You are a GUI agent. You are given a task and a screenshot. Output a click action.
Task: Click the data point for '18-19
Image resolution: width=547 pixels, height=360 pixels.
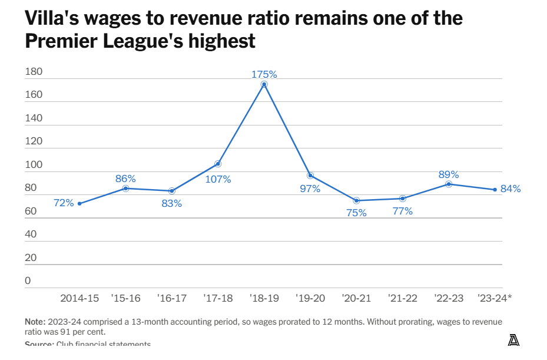(264, 84)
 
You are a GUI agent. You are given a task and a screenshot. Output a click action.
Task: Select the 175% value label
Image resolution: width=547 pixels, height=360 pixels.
(264, 75)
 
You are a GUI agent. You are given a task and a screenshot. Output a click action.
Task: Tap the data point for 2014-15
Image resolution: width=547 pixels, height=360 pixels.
(79, 204)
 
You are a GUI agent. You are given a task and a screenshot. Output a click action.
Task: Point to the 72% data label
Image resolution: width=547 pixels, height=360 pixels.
(64, 203)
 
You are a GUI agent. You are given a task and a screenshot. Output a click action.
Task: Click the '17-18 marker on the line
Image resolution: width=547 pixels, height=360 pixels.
(218, 163)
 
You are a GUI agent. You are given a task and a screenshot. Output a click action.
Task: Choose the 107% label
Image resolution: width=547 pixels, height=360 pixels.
(218, 179)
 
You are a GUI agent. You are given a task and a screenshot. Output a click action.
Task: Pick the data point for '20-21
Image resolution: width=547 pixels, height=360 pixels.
(356, 200)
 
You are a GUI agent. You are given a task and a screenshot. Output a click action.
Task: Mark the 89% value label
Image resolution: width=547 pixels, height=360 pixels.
(449, 174)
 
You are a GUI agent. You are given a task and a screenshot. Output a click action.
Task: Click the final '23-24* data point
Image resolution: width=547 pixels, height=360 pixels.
(495, 189)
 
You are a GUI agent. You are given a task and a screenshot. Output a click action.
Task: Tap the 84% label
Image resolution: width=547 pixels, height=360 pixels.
(510, 189)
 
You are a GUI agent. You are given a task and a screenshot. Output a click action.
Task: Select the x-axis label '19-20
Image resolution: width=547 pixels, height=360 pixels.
(310, 299)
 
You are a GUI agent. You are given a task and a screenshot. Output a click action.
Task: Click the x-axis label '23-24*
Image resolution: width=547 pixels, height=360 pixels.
(495, 299)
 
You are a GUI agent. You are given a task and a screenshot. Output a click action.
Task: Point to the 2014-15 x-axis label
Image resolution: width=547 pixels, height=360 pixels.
(79, 299)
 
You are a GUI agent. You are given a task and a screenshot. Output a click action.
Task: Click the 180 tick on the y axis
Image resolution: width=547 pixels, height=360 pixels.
(34, 72)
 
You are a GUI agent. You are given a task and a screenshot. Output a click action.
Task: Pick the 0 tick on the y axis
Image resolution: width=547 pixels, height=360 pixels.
(28, 280)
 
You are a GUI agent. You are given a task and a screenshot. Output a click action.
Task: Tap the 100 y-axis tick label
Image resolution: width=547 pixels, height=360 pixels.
(34, 165)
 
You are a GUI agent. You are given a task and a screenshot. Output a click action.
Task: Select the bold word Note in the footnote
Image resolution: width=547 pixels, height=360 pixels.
(34, 322)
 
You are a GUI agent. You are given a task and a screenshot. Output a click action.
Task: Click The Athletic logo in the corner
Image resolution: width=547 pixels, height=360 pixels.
(513, 340)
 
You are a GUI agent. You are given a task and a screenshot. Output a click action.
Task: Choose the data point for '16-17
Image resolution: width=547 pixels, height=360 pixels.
(172, 191)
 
